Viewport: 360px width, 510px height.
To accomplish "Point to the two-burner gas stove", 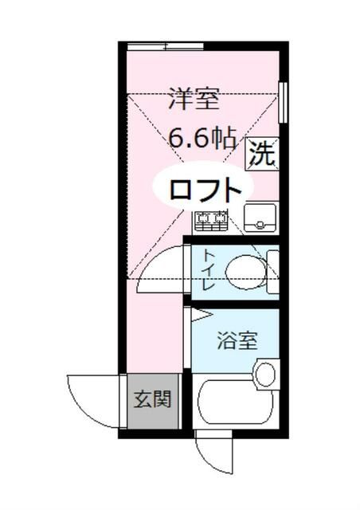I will tap(212, 219).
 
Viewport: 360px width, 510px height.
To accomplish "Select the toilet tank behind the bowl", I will tap(273, 271).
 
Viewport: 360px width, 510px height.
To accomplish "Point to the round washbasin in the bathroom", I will tap(266, 373).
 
